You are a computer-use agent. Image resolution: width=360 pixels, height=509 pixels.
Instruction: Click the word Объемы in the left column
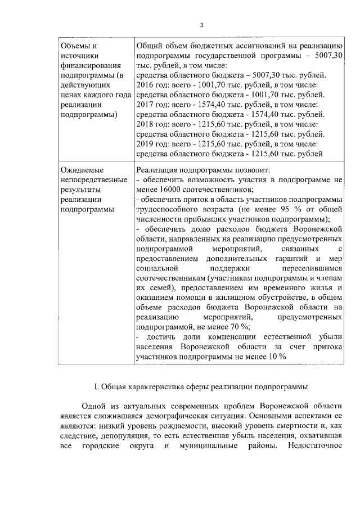click(x=74, y=46)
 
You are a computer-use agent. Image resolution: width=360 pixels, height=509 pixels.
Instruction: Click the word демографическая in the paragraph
click(x=210, y=416)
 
